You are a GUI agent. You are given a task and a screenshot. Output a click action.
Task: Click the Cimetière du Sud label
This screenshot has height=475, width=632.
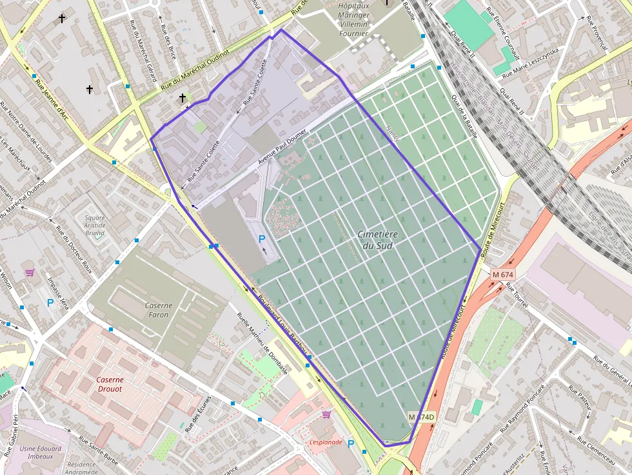click(x=377, y=240)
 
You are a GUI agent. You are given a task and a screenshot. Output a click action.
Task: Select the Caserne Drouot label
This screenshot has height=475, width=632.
click(x=110, y=384)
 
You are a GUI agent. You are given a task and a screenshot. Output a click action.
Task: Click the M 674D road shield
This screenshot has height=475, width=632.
click(x=422, y=417)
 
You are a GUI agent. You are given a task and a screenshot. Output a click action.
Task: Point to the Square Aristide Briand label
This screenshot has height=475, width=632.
click(x=95, y=225)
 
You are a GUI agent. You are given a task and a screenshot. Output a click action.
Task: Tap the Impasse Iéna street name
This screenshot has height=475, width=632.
click(x=59, y=291)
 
